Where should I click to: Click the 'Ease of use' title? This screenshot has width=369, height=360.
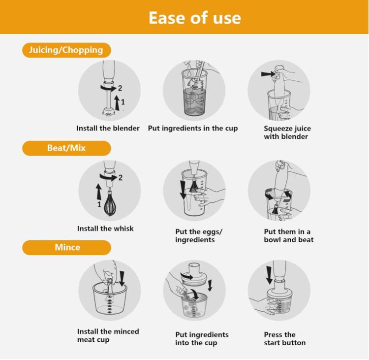click(x=195, y=18)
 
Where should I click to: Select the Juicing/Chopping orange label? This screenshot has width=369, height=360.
click(x=66, y=50)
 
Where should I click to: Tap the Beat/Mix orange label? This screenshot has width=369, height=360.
click(x=66, y=148)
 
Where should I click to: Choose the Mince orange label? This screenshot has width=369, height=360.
click(x=66, y=247)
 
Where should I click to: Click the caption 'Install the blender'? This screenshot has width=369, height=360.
click(x=108, y=128)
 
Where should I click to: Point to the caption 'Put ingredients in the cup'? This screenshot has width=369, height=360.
click(x=193, y=129)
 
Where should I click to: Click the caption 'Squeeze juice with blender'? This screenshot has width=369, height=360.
click(x=287, y=132)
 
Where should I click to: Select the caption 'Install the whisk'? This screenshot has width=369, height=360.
click(x=105, y=229)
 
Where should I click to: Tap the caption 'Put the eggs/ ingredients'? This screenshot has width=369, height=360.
click(x=199, y=235)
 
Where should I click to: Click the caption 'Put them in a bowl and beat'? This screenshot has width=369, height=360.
click(x=289, y=235)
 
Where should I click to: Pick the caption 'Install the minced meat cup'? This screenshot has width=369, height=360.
click(x=108, y=335)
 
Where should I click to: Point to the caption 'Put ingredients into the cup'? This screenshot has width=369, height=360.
click(x=202, y=339)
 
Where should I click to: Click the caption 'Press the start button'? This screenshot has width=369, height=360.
click(x=285, y=338)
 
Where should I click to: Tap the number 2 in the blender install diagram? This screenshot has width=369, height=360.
click(x=120, y=88)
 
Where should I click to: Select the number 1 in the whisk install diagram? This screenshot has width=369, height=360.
click(x=99, y=204)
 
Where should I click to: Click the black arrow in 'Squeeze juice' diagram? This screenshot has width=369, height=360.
click(x=268, y=74)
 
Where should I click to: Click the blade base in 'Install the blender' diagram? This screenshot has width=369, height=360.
click(x=109, y=112)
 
